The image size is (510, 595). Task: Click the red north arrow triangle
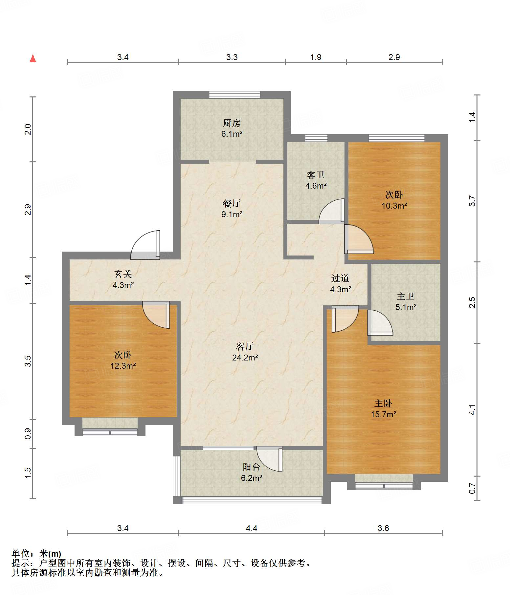(33, 58)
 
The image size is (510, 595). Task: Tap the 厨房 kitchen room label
(232, 123)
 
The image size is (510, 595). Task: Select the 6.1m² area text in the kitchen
(232, 134)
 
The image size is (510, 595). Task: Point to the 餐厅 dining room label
(232, 203)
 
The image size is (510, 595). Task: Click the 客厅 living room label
(245, 346)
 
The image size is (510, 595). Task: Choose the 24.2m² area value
(245, 358)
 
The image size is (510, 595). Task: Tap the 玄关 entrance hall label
(123, 274)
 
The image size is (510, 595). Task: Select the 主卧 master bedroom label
(383, 403)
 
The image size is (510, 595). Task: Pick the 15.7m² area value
(384, 414)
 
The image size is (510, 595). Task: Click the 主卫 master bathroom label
(406, 296)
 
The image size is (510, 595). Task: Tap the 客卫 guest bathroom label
(316, 175)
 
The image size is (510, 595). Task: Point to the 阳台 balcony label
(252, 467)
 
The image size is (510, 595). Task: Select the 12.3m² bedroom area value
(123, 366)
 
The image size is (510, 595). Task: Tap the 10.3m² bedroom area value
(394, 206)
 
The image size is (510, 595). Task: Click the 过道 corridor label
(340, 278)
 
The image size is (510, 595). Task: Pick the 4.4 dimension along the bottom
(252, 528)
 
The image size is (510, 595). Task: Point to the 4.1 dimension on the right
(472, 410)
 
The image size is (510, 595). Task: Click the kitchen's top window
(234, 95)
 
